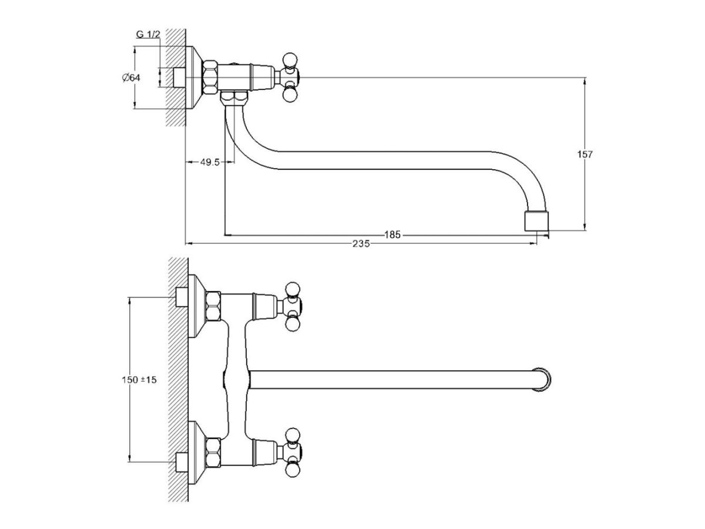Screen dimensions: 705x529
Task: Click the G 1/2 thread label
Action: (148, 34)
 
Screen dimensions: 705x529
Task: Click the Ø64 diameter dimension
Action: (131, 78)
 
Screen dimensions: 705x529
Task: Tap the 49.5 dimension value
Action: (210, 162)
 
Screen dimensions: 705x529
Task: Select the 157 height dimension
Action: (585, 154)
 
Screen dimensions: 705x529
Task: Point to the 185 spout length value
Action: (392, 235)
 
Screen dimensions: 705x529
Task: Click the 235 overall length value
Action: (361, 244)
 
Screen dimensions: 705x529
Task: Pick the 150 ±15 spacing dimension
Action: (139, 380)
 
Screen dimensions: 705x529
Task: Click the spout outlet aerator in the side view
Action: (536, 220)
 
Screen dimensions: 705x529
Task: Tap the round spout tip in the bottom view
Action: (542, 380)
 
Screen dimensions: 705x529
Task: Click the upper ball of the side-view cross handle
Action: (290, 60)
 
